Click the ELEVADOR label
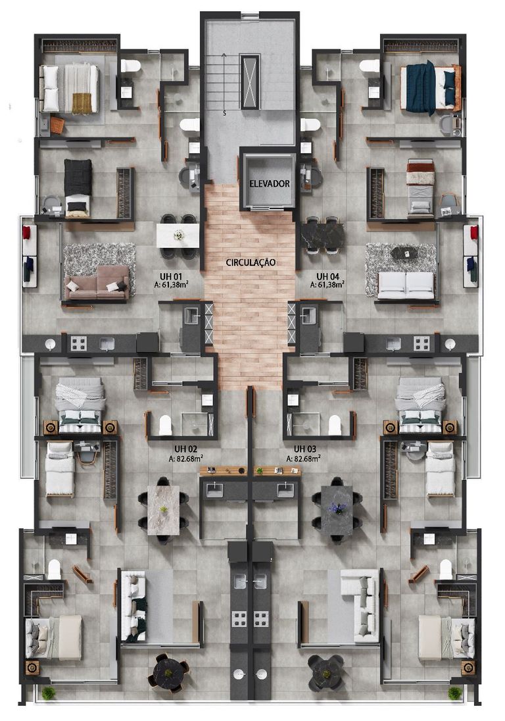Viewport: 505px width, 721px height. (x=270, y=184)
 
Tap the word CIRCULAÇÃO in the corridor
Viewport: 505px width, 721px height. (x=251, y=262)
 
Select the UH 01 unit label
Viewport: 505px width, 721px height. (x=171, y=276)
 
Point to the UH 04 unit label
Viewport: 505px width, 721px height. (x=327, y=276)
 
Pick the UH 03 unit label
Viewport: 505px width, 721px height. (x=305, y=449)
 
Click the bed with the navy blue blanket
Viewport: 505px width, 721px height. (x=428, y=87)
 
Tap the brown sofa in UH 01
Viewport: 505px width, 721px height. (x=97, y=282)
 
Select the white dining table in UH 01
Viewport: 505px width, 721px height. (x=178, y=236)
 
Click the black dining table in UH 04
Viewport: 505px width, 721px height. (x=323, y=235)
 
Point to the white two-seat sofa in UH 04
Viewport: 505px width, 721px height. (x=405, y=286)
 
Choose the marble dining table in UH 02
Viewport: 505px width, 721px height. (x=163, y=510)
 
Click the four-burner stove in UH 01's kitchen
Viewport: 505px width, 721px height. (x=78, y=343)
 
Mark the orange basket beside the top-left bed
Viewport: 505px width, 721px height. (x=57, y=124)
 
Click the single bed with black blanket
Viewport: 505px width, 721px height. (x=78, y=187)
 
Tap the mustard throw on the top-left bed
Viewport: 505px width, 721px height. (x=82, y=103)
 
